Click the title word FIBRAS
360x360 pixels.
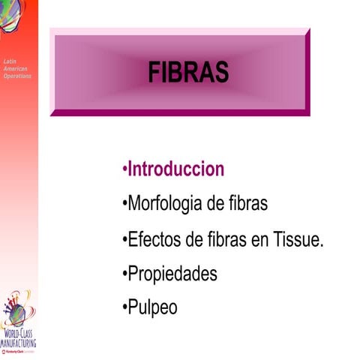pyautogui.click(x=187, y=73)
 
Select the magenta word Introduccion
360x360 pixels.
pyautogui.click(x=175, y=169)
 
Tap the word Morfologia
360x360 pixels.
pyautogui.click(x=164, y=203)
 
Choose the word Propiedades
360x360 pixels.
pyautogui.click(x=172, y=274)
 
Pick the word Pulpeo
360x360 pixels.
pyautogui.click(x=153, y=307)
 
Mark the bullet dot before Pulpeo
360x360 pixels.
pyautogui.click(x=124, y=308)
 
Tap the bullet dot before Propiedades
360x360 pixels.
pyautogui.click(x=124, y=274)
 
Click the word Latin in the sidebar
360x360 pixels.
pyautogui.click(x=9, y=61)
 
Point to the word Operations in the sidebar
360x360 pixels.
pyautogui.click(x=16, y=76)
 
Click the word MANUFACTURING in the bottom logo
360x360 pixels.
pyautogui.click(x=19, y=342)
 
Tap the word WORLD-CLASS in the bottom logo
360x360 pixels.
pyautogui.click(x=19, y=333)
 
